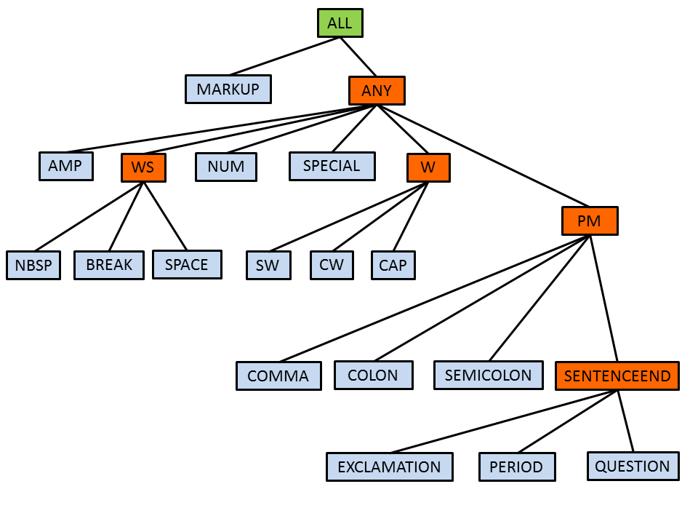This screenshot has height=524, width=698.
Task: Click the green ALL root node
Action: (340, 23)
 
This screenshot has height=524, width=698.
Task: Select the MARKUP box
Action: (228, 90)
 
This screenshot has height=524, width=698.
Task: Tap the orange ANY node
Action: (377, 91)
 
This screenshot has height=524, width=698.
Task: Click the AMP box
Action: (65, 166)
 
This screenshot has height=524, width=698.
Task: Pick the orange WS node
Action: (143, 167)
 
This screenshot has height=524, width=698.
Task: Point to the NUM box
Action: (226, 167)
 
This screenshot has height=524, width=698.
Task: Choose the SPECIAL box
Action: (332, 166)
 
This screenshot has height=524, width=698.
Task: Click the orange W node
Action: (428, 167)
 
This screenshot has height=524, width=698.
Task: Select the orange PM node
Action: (590, 221)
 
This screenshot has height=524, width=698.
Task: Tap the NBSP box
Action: (33, 265)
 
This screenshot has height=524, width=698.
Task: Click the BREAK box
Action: (109, 265)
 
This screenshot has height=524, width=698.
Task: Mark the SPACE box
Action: (187, 264)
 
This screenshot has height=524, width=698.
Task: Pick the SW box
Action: (268, 265)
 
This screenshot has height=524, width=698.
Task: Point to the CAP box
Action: (393, 265)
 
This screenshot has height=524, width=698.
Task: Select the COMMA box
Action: (278, 376)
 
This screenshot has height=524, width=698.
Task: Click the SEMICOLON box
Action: (488, 375)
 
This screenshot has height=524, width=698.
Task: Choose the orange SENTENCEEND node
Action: (617, 376)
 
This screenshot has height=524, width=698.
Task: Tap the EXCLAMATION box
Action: (389, 467)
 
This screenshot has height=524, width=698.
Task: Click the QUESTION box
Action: (633, 466)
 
